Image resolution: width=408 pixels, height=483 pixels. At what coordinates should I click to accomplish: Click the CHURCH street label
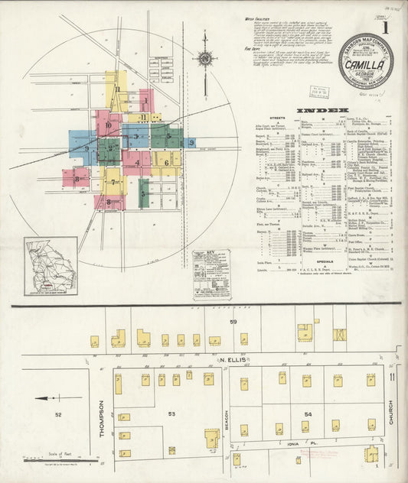390,413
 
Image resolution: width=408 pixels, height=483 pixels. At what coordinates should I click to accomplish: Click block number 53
172,413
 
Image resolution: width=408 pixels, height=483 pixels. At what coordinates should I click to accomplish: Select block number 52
58,413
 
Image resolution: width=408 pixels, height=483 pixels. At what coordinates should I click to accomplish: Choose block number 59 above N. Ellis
234,323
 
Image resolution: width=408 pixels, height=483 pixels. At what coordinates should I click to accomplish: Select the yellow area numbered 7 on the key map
113,182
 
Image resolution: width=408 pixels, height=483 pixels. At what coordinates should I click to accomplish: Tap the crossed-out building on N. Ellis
339,335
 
